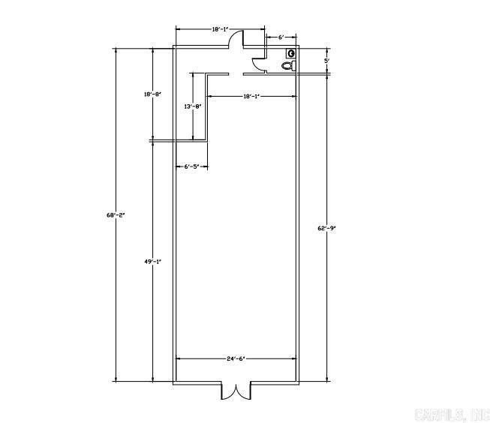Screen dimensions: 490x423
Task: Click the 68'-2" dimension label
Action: coord(116,215)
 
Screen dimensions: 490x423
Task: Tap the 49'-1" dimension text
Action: coord(153,262)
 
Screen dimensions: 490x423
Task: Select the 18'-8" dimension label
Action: coord(153,94)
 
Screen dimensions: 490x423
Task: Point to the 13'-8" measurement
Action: coord(193,106)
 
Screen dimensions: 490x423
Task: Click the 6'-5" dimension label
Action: coord(191,166)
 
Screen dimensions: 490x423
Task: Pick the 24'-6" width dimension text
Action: coord(236,358)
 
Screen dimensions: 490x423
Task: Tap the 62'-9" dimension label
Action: coord(326,228)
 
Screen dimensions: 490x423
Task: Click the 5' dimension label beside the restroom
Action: coord(327,61)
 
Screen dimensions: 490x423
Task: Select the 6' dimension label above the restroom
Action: coord(281,37)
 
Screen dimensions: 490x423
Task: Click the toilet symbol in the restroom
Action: coord(289,66)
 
